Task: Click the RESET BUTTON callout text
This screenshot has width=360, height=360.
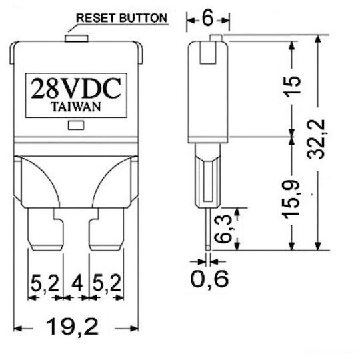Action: click(121, 18)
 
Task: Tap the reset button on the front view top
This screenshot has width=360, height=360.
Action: click(77, 39)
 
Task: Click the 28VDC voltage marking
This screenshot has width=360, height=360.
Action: click(76, 89)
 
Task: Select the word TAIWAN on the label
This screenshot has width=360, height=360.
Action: click(76, 107)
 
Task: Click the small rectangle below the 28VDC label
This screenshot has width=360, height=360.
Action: click(76, 125)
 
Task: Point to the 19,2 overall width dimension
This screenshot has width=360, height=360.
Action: click(72, 327)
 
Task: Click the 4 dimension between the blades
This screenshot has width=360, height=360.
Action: click(77, 283)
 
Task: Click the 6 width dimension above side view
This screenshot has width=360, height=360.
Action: click(208, 19)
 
